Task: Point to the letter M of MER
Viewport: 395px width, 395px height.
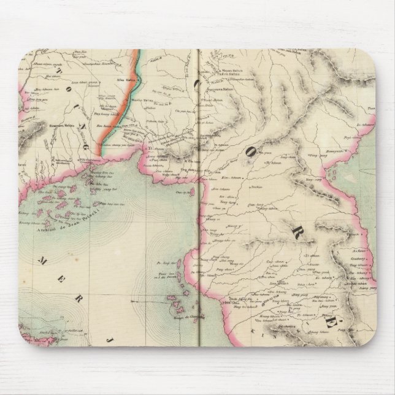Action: [44, 261]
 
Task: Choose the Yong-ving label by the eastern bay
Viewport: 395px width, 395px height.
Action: [313, 182]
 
